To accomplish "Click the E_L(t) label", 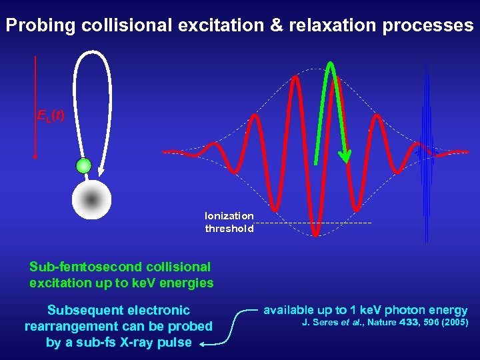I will pyautogui.click(x=51, y=116).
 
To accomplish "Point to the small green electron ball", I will pyautogui.click(x=83, y=165).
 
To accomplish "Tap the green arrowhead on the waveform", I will pyautogui.click(x=344, y=157).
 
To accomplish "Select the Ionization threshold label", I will pyautogui.click(x=229, y=222).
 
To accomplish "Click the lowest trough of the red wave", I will pyautogui.click(x=316, y=233).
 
